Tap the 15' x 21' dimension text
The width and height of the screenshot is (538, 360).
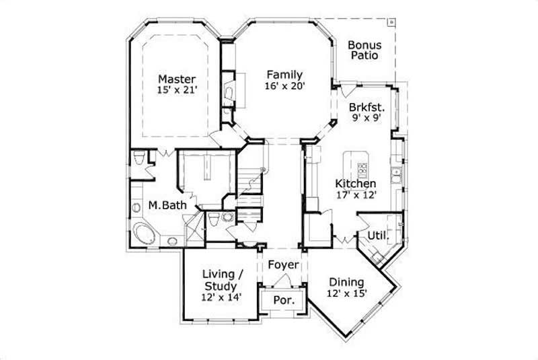pyautogui.click(x=178, y=91)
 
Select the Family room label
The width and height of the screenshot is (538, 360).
pyautogui.click(x=284, y=75)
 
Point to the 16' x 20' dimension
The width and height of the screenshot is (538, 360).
pyautogui.click(x=284, y=86)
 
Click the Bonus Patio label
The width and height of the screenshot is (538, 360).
pyautogui.click(x=364, y=50)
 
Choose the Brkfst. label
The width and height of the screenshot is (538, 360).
pyautogui.click(x=367, y=107)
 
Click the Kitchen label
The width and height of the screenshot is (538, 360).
pyautogui.click(x=356, y=184)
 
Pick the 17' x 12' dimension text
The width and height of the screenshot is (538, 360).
pyautogui.click(x=356, y=195)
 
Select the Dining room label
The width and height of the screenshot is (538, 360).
pyautogui.click(x=346, y=282)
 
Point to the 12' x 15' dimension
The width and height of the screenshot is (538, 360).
pyautogui.click(x=346, y=294)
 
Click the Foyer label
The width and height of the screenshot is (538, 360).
pyautogui.click(x=283, y=265)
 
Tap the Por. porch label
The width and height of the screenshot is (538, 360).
pyautogui.click(x=283, y=299)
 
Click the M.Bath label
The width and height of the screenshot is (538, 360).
pyautogui.click(x=167, y=205)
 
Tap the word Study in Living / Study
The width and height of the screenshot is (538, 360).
pyautogui.click(x=223, y=286)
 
